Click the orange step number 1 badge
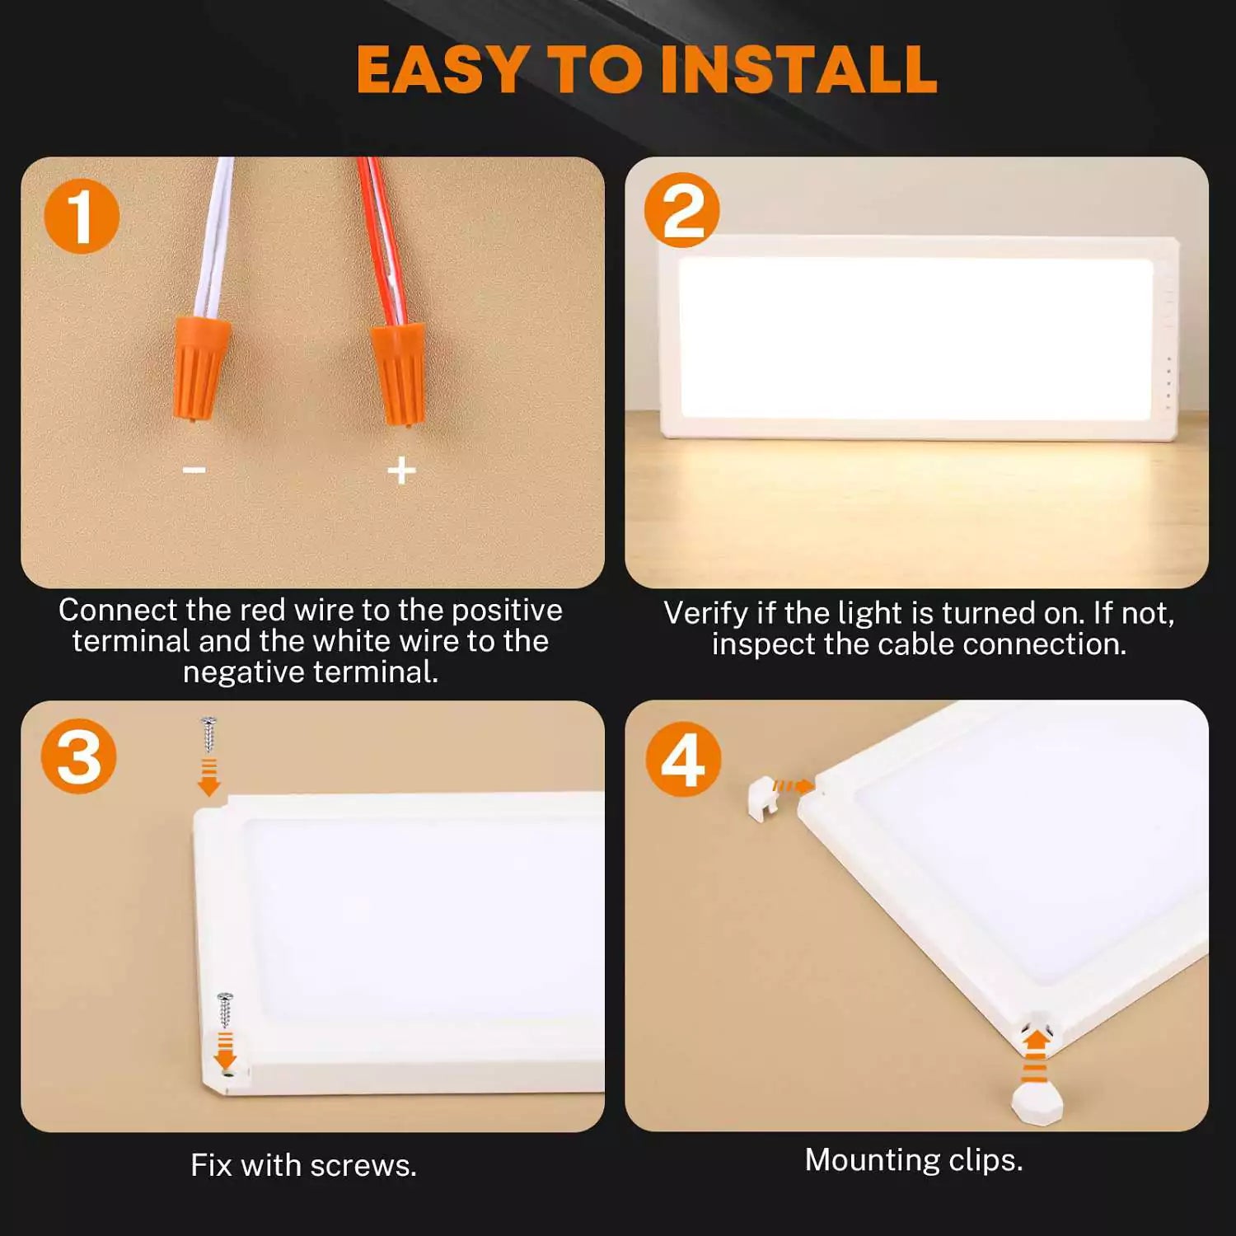coord(82,217)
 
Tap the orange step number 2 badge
coord(682,211)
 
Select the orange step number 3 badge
coord(79,756)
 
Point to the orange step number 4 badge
coord(683,759)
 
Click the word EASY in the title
coord(442,70)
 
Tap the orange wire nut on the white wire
coord(200,365)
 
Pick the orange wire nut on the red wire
coord(400,372)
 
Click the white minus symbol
coord(194,470)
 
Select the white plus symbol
coord(401,471)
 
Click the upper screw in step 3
coord(208,734)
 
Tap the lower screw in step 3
coord(224,1009)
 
